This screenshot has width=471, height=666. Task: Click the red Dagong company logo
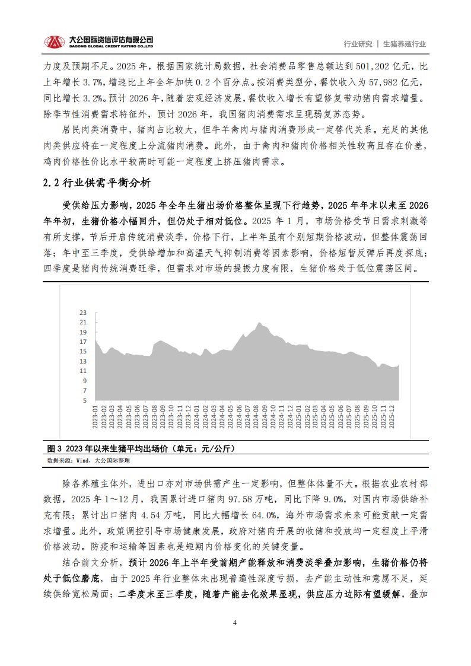point(55,42)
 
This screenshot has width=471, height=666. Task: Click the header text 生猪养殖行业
point(405,44)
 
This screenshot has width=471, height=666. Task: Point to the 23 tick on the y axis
point(83,312)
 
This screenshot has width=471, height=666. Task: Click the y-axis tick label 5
point(85,400)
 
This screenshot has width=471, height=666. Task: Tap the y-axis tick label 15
point(83,351)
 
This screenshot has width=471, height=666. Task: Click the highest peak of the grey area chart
point(259,323)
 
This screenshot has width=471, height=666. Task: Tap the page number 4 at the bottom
point(235,623)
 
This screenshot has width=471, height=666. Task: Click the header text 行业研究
point(358,44)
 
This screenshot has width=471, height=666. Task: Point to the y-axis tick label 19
point(83,332)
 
